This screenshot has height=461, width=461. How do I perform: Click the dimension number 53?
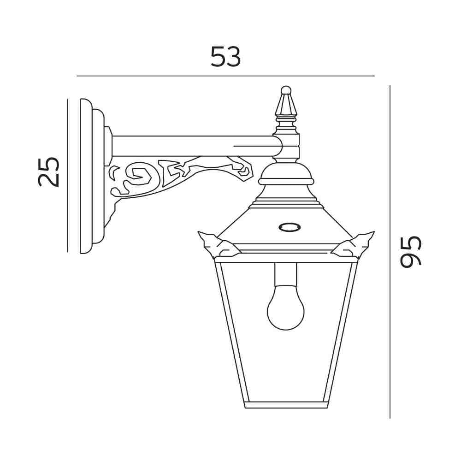225,56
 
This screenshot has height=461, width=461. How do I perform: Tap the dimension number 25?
49,172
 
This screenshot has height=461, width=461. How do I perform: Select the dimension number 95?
411,252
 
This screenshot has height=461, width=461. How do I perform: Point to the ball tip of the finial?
286,90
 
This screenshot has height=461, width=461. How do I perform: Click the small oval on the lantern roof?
290,227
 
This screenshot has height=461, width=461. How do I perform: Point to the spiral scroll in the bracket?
141,176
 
